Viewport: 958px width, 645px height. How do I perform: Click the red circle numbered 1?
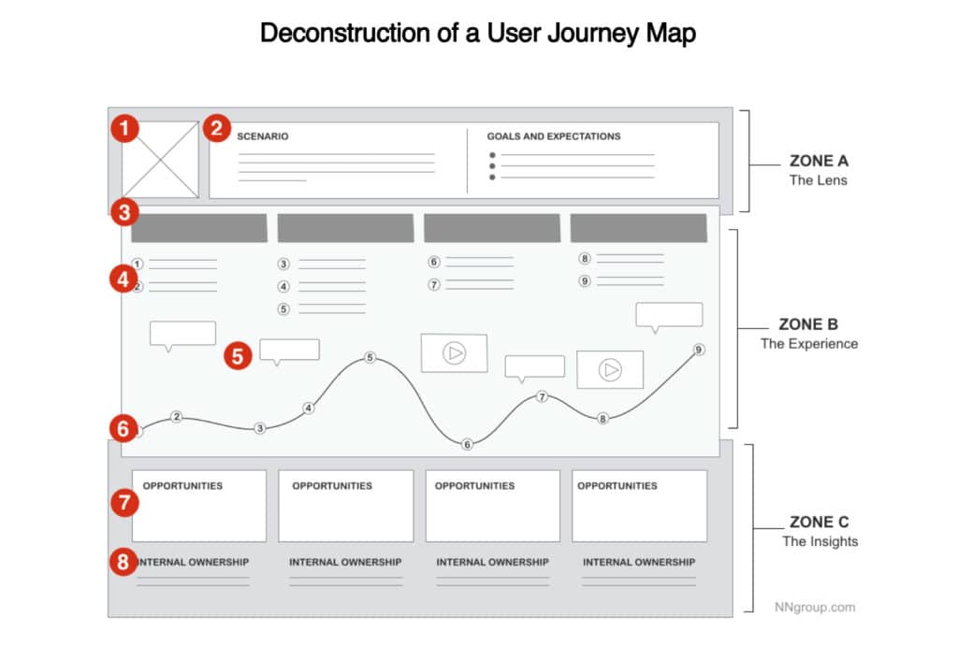point(124,128)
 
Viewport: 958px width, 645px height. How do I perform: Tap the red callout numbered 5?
point(238,356)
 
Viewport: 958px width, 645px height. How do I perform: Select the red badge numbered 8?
point(123,562)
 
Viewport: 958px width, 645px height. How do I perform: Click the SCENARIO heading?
point(263,136)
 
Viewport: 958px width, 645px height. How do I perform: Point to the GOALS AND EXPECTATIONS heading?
point(554,136)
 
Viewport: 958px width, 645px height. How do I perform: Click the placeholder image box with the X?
point(160,159)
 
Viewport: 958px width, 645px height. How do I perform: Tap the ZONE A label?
point(819,161)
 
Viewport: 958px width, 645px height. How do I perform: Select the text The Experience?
point(809,344)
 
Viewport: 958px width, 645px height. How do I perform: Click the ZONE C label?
point(819,522)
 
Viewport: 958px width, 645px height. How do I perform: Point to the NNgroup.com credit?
point(815,608)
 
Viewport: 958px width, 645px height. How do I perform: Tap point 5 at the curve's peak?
point(370,358)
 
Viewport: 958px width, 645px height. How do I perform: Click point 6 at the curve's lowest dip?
point(467,444)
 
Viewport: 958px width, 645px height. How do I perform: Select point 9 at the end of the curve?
point(699,350)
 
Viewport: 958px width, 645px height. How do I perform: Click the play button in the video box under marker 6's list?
point(455,352)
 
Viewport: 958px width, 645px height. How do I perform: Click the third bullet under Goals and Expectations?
point(492,178)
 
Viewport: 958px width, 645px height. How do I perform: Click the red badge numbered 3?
point(124,212)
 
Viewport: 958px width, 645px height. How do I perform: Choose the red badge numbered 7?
point(124,502)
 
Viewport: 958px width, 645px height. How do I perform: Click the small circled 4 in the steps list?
point(283,286)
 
